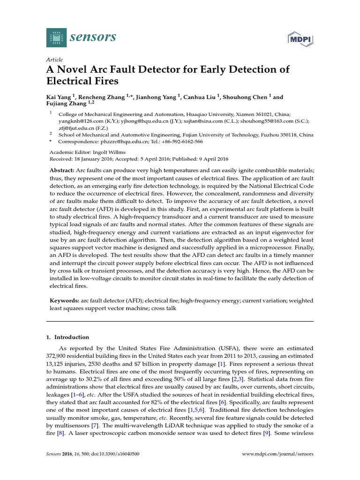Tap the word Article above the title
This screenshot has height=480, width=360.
tap(55, 60)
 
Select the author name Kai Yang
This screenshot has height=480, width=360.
tap(61, 97)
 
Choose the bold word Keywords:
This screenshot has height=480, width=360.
tap(64, 300)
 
